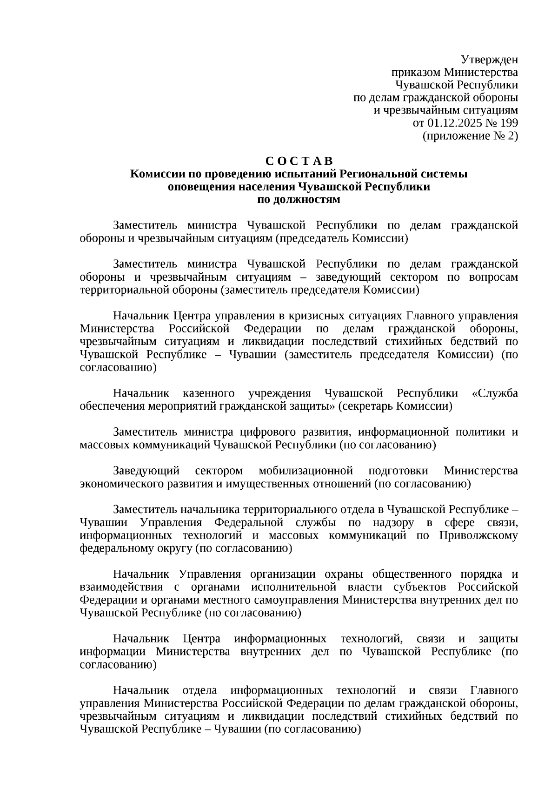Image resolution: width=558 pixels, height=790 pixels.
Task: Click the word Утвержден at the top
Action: click(x=489, y=60)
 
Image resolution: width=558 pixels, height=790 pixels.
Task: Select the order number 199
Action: click(x=509, y=123)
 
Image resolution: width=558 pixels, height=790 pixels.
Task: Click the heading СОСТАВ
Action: click(x=299, y=161)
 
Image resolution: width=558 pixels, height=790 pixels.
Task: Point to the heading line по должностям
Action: click(x=299, y=200)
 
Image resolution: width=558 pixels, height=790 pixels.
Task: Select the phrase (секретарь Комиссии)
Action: click(x=395, y=406)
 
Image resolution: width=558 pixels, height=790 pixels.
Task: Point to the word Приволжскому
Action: click(x=478, y=535)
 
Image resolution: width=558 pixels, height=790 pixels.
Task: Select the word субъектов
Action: click(x=425, y=587)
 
